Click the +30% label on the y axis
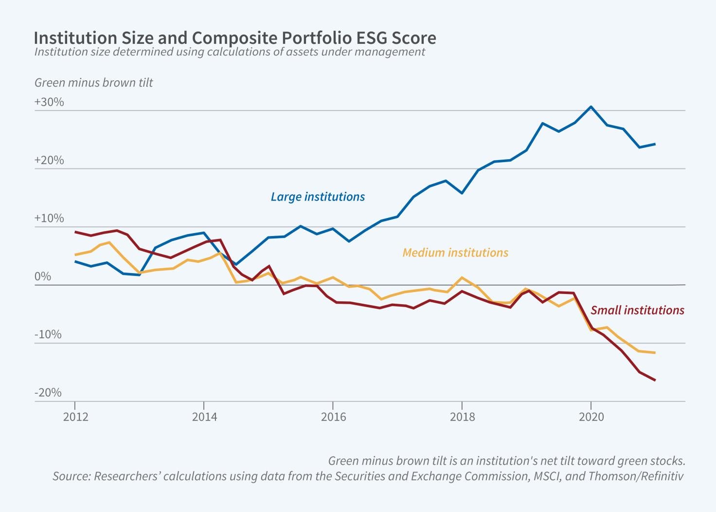49,102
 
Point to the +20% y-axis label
49,160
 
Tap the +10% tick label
49,218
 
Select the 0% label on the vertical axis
43,276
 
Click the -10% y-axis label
48,334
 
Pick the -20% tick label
48,392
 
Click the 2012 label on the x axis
75,417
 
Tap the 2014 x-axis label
204,417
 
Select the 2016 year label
333,417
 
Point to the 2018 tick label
462,417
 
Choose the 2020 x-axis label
591,417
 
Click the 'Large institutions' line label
318,197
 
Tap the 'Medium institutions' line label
455,253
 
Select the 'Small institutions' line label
637,310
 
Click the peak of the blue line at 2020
591,107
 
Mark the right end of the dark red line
655,380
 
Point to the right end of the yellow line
655,352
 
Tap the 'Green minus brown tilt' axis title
93,83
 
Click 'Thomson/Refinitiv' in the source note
636,476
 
